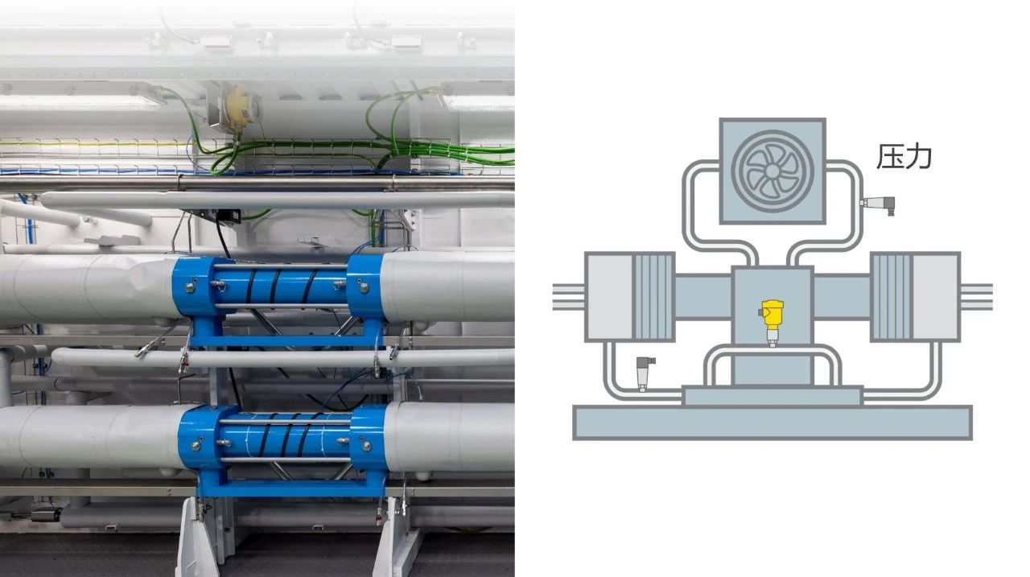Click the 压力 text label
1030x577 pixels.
[904, 157]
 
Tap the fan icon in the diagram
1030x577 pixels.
[772, 171]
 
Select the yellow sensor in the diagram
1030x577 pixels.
[772, 324]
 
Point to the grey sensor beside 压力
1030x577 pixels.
[878, 205]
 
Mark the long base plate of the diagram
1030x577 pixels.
[772, 422]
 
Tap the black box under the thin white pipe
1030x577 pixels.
[228, 216]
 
